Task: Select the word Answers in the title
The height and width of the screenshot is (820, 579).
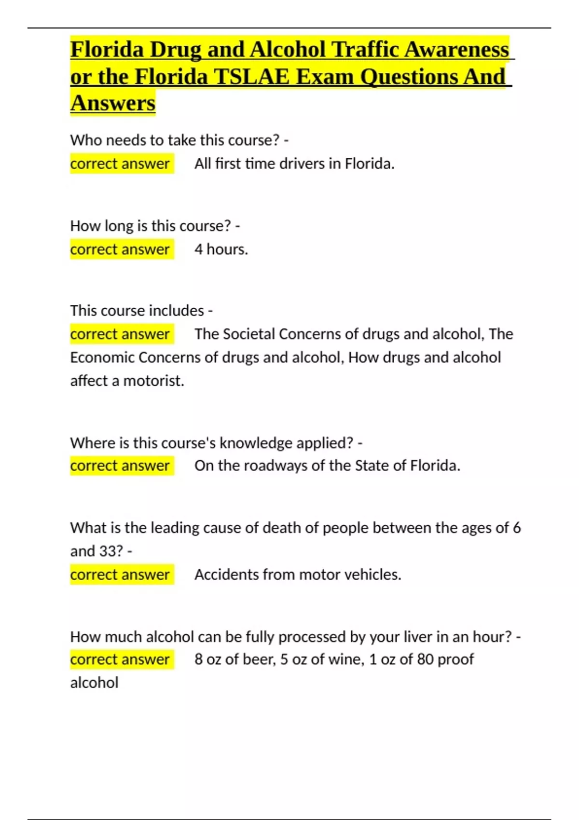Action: [x=113, y=103]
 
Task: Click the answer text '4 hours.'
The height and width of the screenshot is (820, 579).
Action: [x=221, y=249]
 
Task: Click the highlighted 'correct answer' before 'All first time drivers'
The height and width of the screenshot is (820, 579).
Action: [x=120, y=164]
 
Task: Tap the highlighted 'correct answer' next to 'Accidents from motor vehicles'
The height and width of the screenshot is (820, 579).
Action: [x=120, y=574]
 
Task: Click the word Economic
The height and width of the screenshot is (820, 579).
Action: [x=102, y=357]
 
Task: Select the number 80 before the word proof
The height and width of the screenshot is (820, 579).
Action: [x=425, y=659]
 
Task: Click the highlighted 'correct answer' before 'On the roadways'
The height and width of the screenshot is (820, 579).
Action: [x=120, y=466]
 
